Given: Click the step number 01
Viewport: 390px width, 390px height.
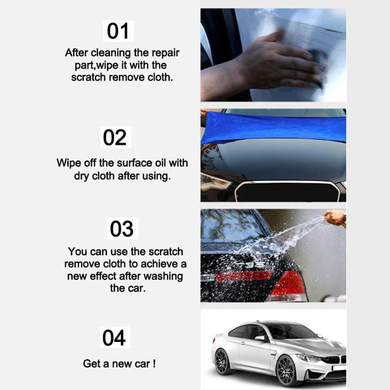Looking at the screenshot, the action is point(118,31).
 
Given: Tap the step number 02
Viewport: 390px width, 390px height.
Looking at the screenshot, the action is point(115,137).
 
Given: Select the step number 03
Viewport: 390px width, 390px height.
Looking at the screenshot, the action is point(122,229).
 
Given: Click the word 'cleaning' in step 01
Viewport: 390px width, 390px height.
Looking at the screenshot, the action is point(111,53).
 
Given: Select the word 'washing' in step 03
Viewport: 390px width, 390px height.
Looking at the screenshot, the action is point(163,277).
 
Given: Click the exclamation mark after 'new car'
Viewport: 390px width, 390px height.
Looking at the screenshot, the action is point(154,364).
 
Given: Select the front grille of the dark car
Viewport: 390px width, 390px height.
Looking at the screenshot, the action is point(288,192).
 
